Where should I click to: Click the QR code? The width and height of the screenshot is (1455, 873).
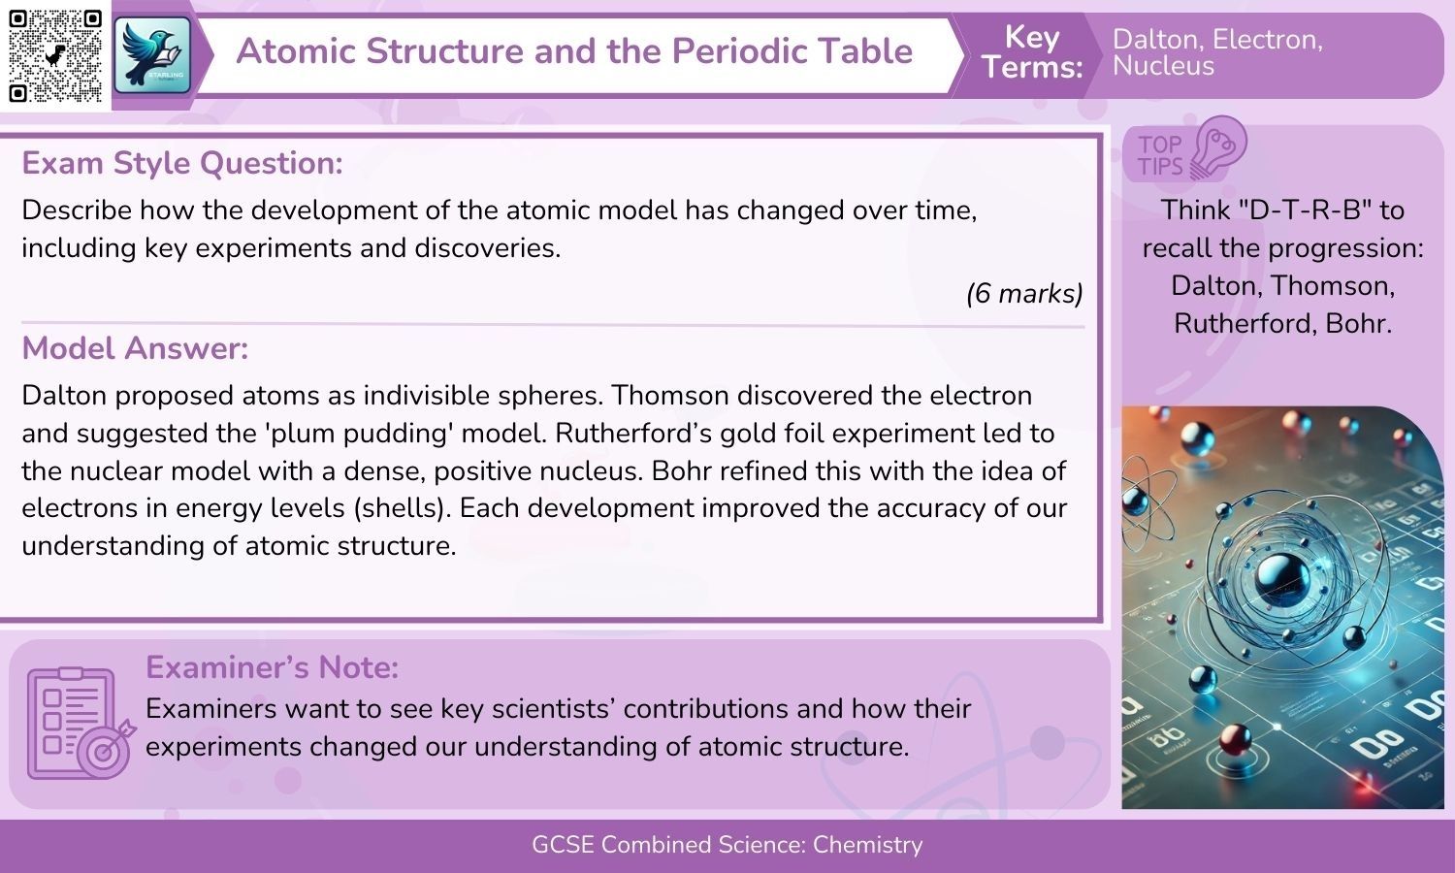[54, 55]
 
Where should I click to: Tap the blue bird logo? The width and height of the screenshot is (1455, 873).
[153, 55]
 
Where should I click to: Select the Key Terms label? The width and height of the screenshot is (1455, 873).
[1031, 51]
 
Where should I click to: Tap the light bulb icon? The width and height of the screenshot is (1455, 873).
[1218, 147]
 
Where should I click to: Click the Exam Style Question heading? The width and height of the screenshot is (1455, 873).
[182, 163]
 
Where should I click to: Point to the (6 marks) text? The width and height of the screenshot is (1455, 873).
[1024, 293]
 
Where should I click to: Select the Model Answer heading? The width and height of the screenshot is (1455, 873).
[135, 348]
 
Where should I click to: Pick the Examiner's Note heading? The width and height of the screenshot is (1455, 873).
[272, 667]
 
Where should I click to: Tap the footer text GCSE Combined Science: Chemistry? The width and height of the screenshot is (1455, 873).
[727, 845]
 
